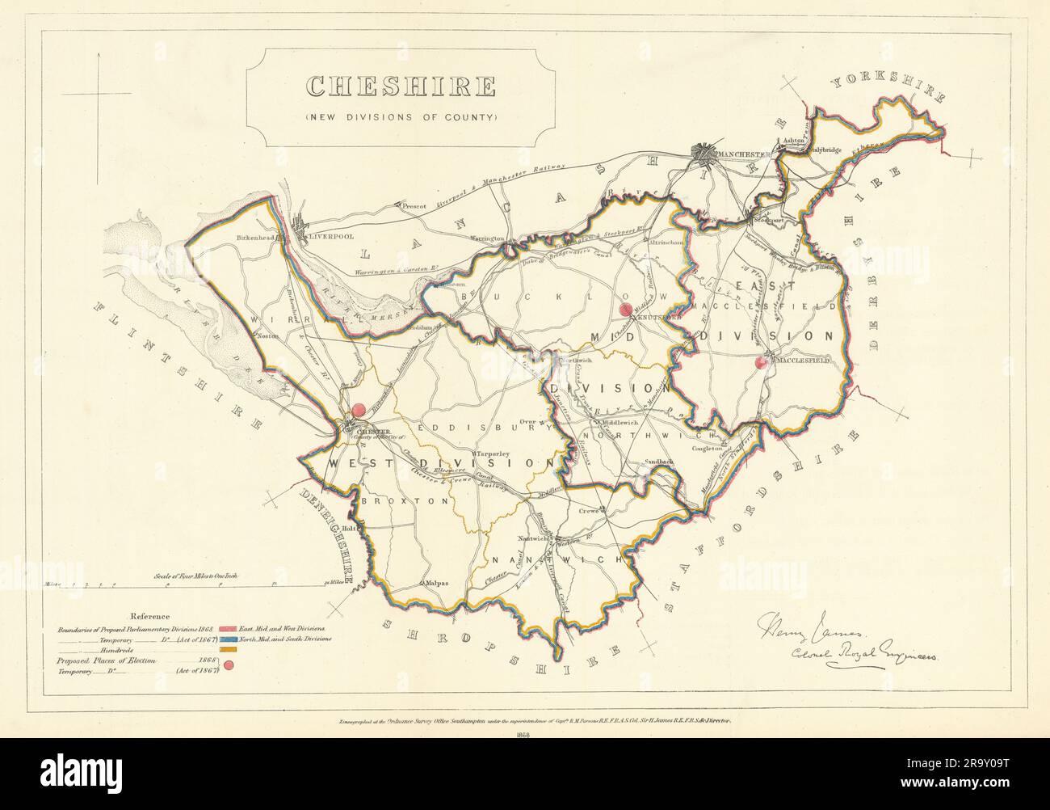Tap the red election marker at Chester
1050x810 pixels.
[x=359, y=411]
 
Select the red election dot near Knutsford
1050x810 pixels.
[x=624, y=310]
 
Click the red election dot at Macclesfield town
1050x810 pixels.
[x=759, y=363]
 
